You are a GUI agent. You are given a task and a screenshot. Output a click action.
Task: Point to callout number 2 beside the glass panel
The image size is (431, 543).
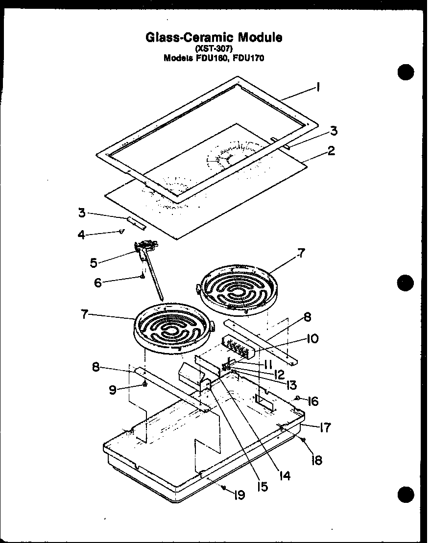[332, 151]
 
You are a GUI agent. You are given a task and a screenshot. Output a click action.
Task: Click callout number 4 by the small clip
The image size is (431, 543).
[81, 235]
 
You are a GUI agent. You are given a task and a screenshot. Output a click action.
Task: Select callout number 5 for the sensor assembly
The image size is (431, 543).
[93, 262]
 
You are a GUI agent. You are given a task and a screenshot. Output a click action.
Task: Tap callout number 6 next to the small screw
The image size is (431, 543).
[98, 283]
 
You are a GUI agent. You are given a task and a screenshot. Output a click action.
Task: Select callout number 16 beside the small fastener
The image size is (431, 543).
[312, 401]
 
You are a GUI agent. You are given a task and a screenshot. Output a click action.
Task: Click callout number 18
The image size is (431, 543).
[317, 460]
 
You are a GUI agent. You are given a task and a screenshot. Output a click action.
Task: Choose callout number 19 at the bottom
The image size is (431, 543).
[239, 495]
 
